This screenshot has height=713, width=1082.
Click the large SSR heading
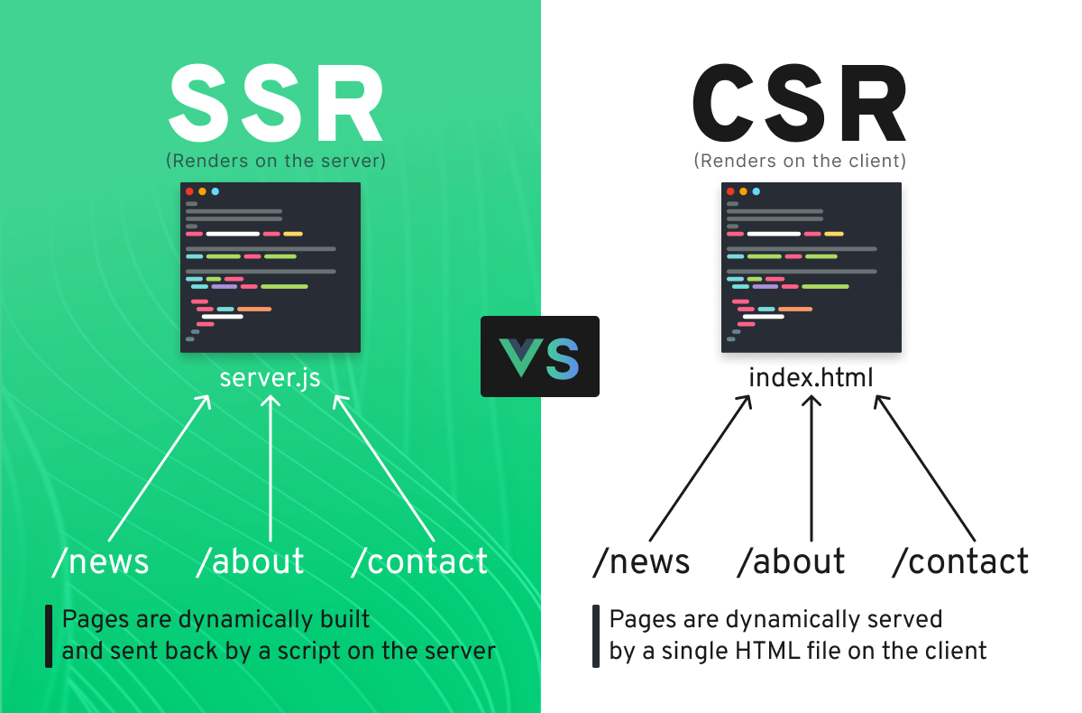click(276, 106)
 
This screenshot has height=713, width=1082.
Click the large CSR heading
click(800, 106)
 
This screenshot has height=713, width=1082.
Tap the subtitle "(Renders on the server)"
click(276, 162)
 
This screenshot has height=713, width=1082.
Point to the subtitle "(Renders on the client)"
click(800, 162)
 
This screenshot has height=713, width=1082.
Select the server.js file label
click(270, 376)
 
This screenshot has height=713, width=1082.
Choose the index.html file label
click(811, 376)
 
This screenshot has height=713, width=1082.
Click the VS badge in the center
click(540, 356)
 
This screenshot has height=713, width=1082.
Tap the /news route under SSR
click(101, 561)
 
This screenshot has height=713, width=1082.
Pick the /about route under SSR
click(251, 561)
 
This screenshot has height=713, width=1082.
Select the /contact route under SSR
click(419, 561)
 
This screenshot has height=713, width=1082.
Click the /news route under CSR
click(641, 561)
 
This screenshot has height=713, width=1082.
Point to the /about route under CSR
click(791, 561)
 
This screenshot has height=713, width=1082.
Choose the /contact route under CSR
click(959, 561)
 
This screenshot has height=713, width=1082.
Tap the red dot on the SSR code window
click(189, 191)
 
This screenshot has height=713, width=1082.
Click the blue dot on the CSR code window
click(756, 191)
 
